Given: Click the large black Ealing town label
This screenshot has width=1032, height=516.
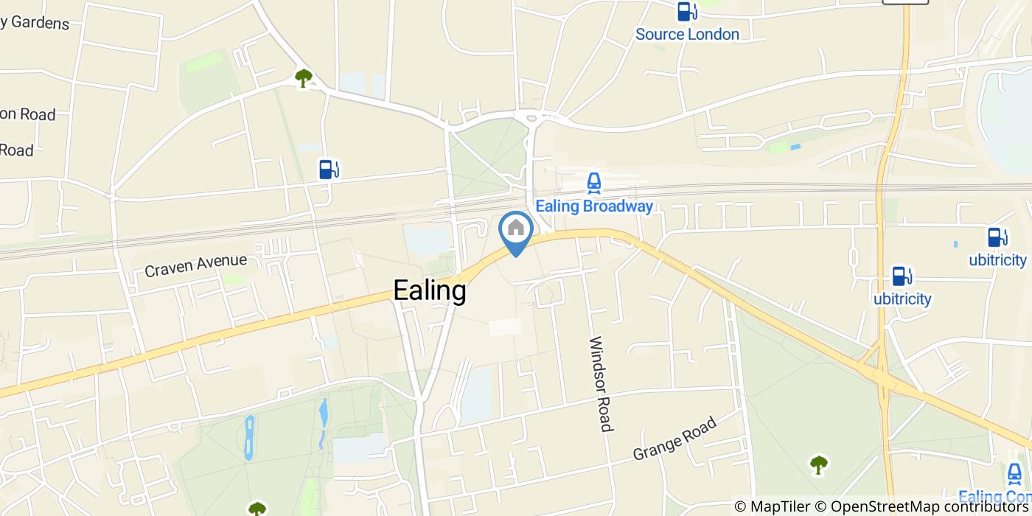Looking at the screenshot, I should point(430,290).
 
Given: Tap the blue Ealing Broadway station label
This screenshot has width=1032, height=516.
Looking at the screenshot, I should point(594,206).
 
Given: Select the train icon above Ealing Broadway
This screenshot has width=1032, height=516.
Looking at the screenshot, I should point(593,182).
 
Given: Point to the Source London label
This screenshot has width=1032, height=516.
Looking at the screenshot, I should point(687,34).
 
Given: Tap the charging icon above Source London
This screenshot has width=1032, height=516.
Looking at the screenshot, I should point(687,11).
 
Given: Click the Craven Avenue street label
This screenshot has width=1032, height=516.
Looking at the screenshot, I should point(195,265).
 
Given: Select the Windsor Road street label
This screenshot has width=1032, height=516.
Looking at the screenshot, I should point(601,383).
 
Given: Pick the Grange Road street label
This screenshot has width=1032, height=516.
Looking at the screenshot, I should point(674,439).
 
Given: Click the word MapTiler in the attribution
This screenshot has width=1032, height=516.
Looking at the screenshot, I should point(780,506).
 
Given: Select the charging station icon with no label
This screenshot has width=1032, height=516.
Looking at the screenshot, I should point(329,169).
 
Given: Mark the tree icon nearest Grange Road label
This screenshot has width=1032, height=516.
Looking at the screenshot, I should point(818,464).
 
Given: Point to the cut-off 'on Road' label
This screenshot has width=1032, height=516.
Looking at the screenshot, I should point(28,114).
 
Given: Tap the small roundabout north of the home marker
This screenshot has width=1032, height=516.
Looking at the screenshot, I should point(529,116).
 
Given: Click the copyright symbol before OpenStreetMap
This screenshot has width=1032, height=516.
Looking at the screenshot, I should point(821,506).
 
